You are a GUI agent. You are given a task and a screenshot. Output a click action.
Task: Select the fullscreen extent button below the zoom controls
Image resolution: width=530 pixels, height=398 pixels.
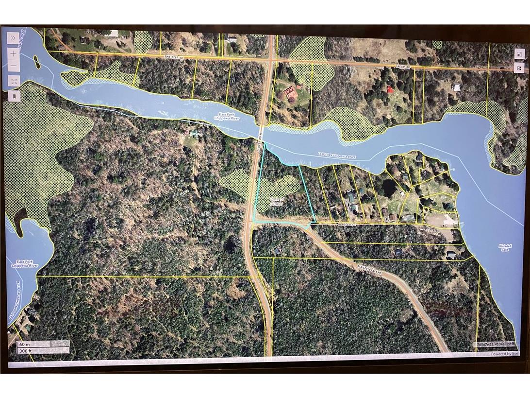[x=13, y=81]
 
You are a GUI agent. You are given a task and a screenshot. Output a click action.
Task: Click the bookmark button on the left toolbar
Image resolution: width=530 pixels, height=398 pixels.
[x=13, y=96]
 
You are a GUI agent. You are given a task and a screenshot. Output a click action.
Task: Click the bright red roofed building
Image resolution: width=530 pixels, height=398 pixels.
[x=389, y=89]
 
